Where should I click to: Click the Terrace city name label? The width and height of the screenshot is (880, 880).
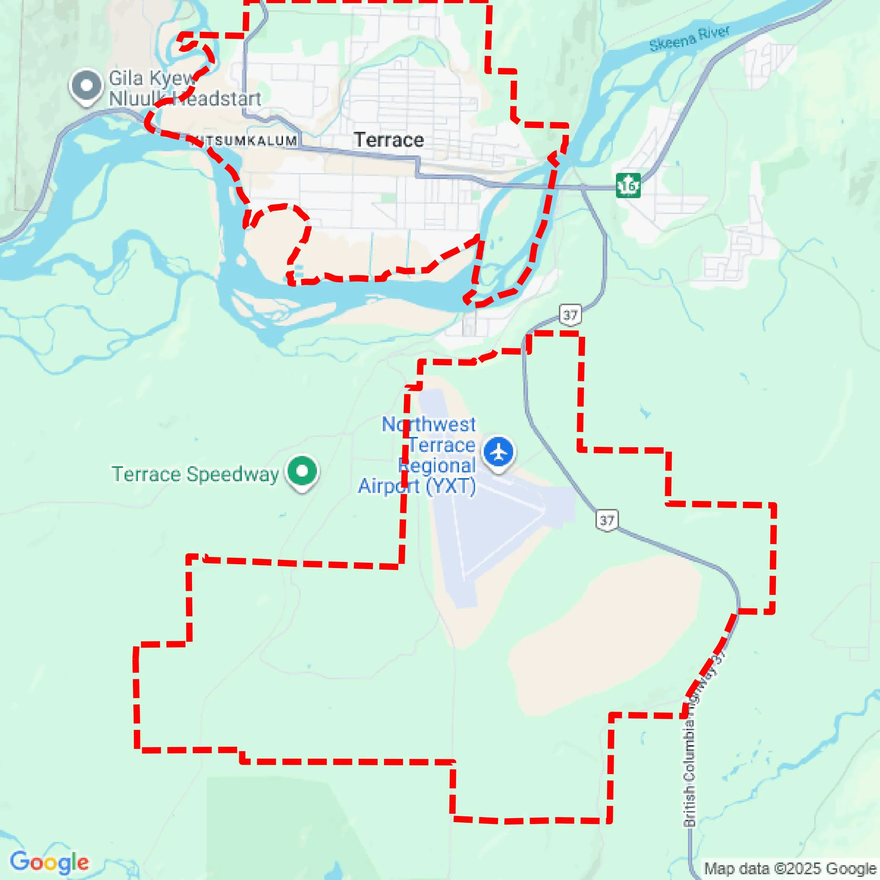tap(389, 140)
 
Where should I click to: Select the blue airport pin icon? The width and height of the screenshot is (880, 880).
tap(499, 453)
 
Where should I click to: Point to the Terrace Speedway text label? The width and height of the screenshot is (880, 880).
tap(195, 474)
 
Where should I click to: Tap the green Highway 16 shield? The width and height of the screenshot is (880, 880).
tap(628, 186)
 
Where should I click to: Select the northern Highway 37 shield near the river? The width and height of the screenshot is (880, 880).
tap(570, 314)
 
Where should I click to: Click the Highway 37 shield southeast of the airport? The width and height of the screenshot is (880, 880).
tap(607, 520)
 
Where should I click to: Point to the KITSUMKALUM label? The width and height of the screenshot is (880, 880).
tap(244, 141)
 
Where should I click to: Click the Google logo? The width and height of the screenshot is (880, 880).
tap(49, 862)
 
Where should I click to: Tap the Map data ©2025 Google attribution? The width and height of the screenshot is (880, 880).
tap(790, 868)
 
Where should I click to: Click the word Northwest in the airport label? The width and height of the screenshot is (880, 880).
tap(428, 424)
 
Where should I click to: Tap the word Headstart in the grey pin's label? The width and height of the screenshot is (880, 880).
tap(218, 99)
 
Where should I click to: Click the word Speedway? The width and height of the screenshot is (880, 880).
tap(233, 474)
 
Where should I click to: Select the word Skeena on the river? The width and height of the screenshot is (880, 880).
tap(673, 42)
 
